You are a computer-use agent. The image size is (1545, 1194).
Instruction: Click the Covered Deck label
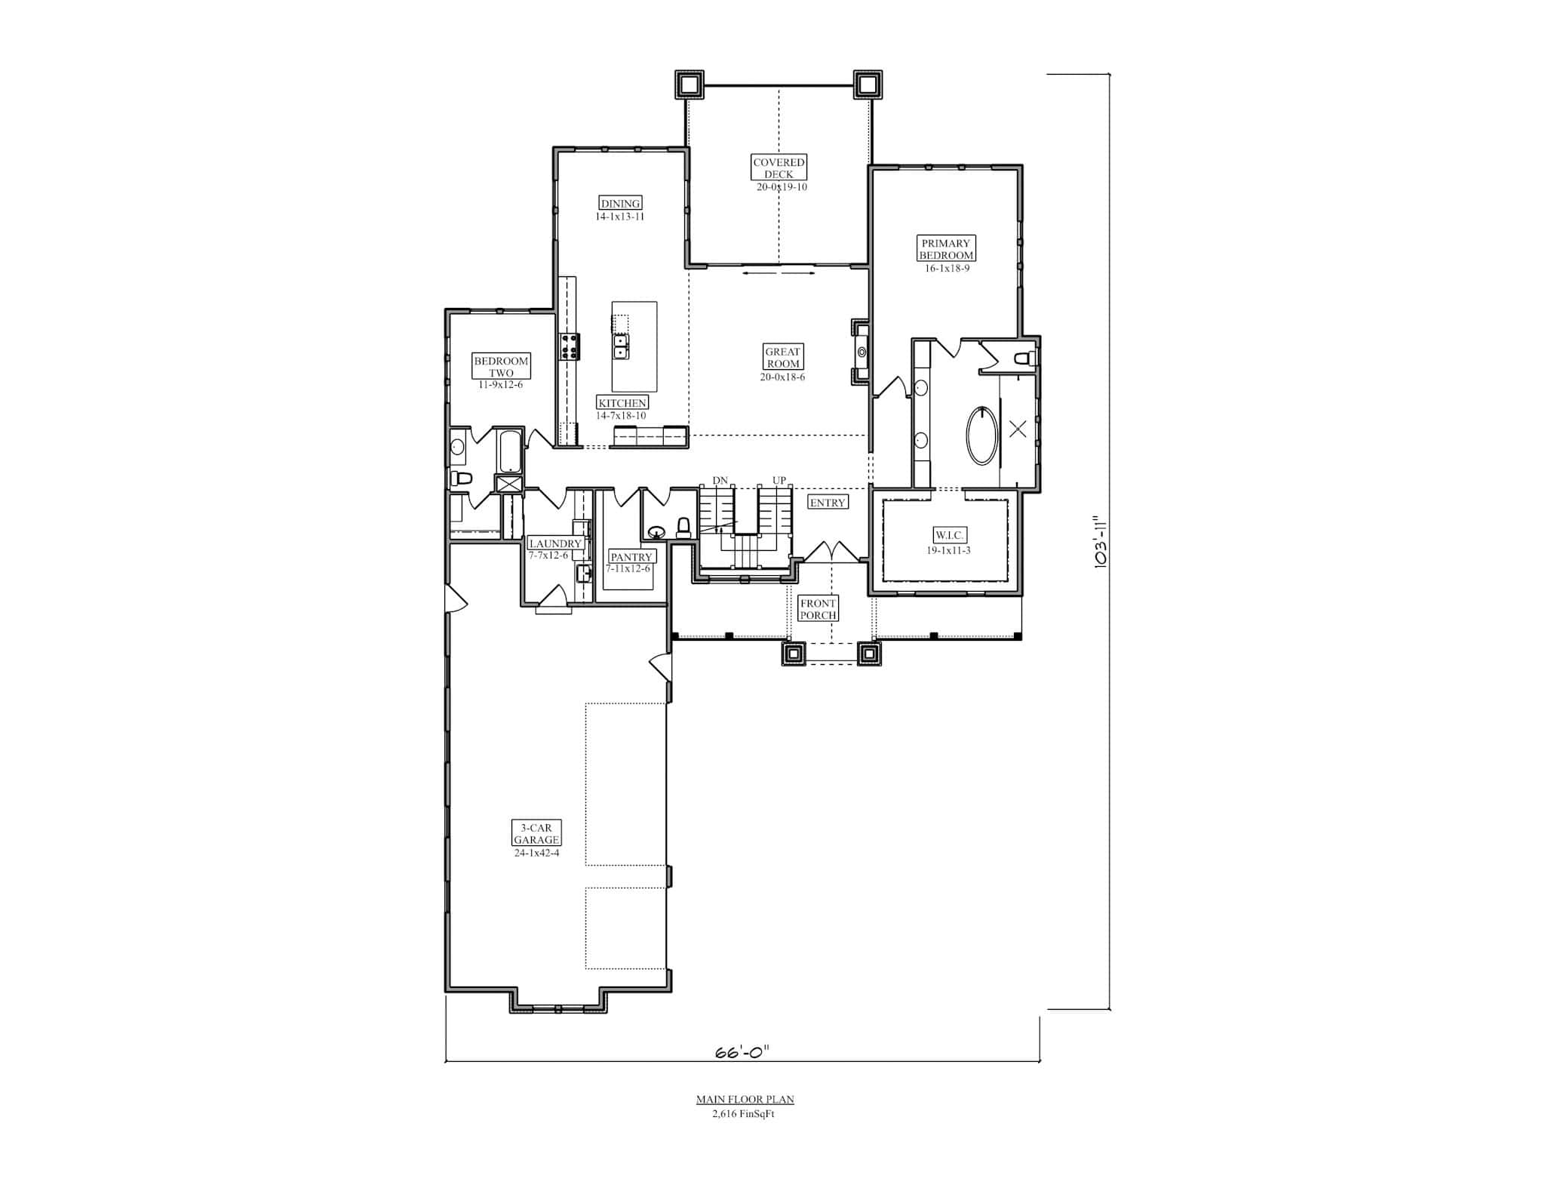779,168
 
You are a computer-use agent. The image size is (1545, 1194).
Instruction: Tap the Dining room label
620,203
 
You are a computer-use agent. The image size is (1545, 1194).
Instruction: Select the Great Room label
782,358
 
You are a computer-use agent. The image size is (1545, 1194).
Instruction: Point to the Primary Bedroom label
946,249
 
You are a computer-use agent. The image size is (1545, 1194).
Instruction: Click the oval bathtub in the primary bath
981,435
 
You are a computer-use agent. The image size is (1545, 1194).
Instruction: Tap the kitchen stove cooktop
570,346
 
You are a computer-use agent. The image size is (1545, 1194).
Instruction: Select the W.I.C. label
949,535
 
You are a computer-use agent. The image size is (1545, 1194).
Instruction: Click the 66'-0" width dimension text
742,1051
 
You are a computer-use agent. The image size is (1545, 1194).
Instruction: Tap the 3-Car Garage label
536,834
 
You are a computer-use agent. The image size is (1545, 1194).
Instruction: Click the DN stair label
720,481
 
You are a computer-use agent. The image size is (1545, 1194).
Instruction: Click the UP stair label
779,481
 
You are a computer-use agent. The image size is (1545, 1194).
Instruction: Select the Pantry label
631,557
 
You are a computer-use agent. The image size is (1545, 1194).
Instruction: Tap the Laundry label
555,543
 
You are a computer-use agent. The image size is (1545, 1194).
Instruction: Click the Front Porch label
818,609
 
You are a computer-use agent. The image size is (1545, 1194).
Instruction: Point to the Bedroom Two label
501,367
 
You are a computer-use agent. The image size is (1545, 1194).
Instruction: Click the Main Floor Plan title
745,1100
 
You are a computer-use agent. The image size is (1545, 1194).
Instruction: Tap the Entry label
828,503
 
